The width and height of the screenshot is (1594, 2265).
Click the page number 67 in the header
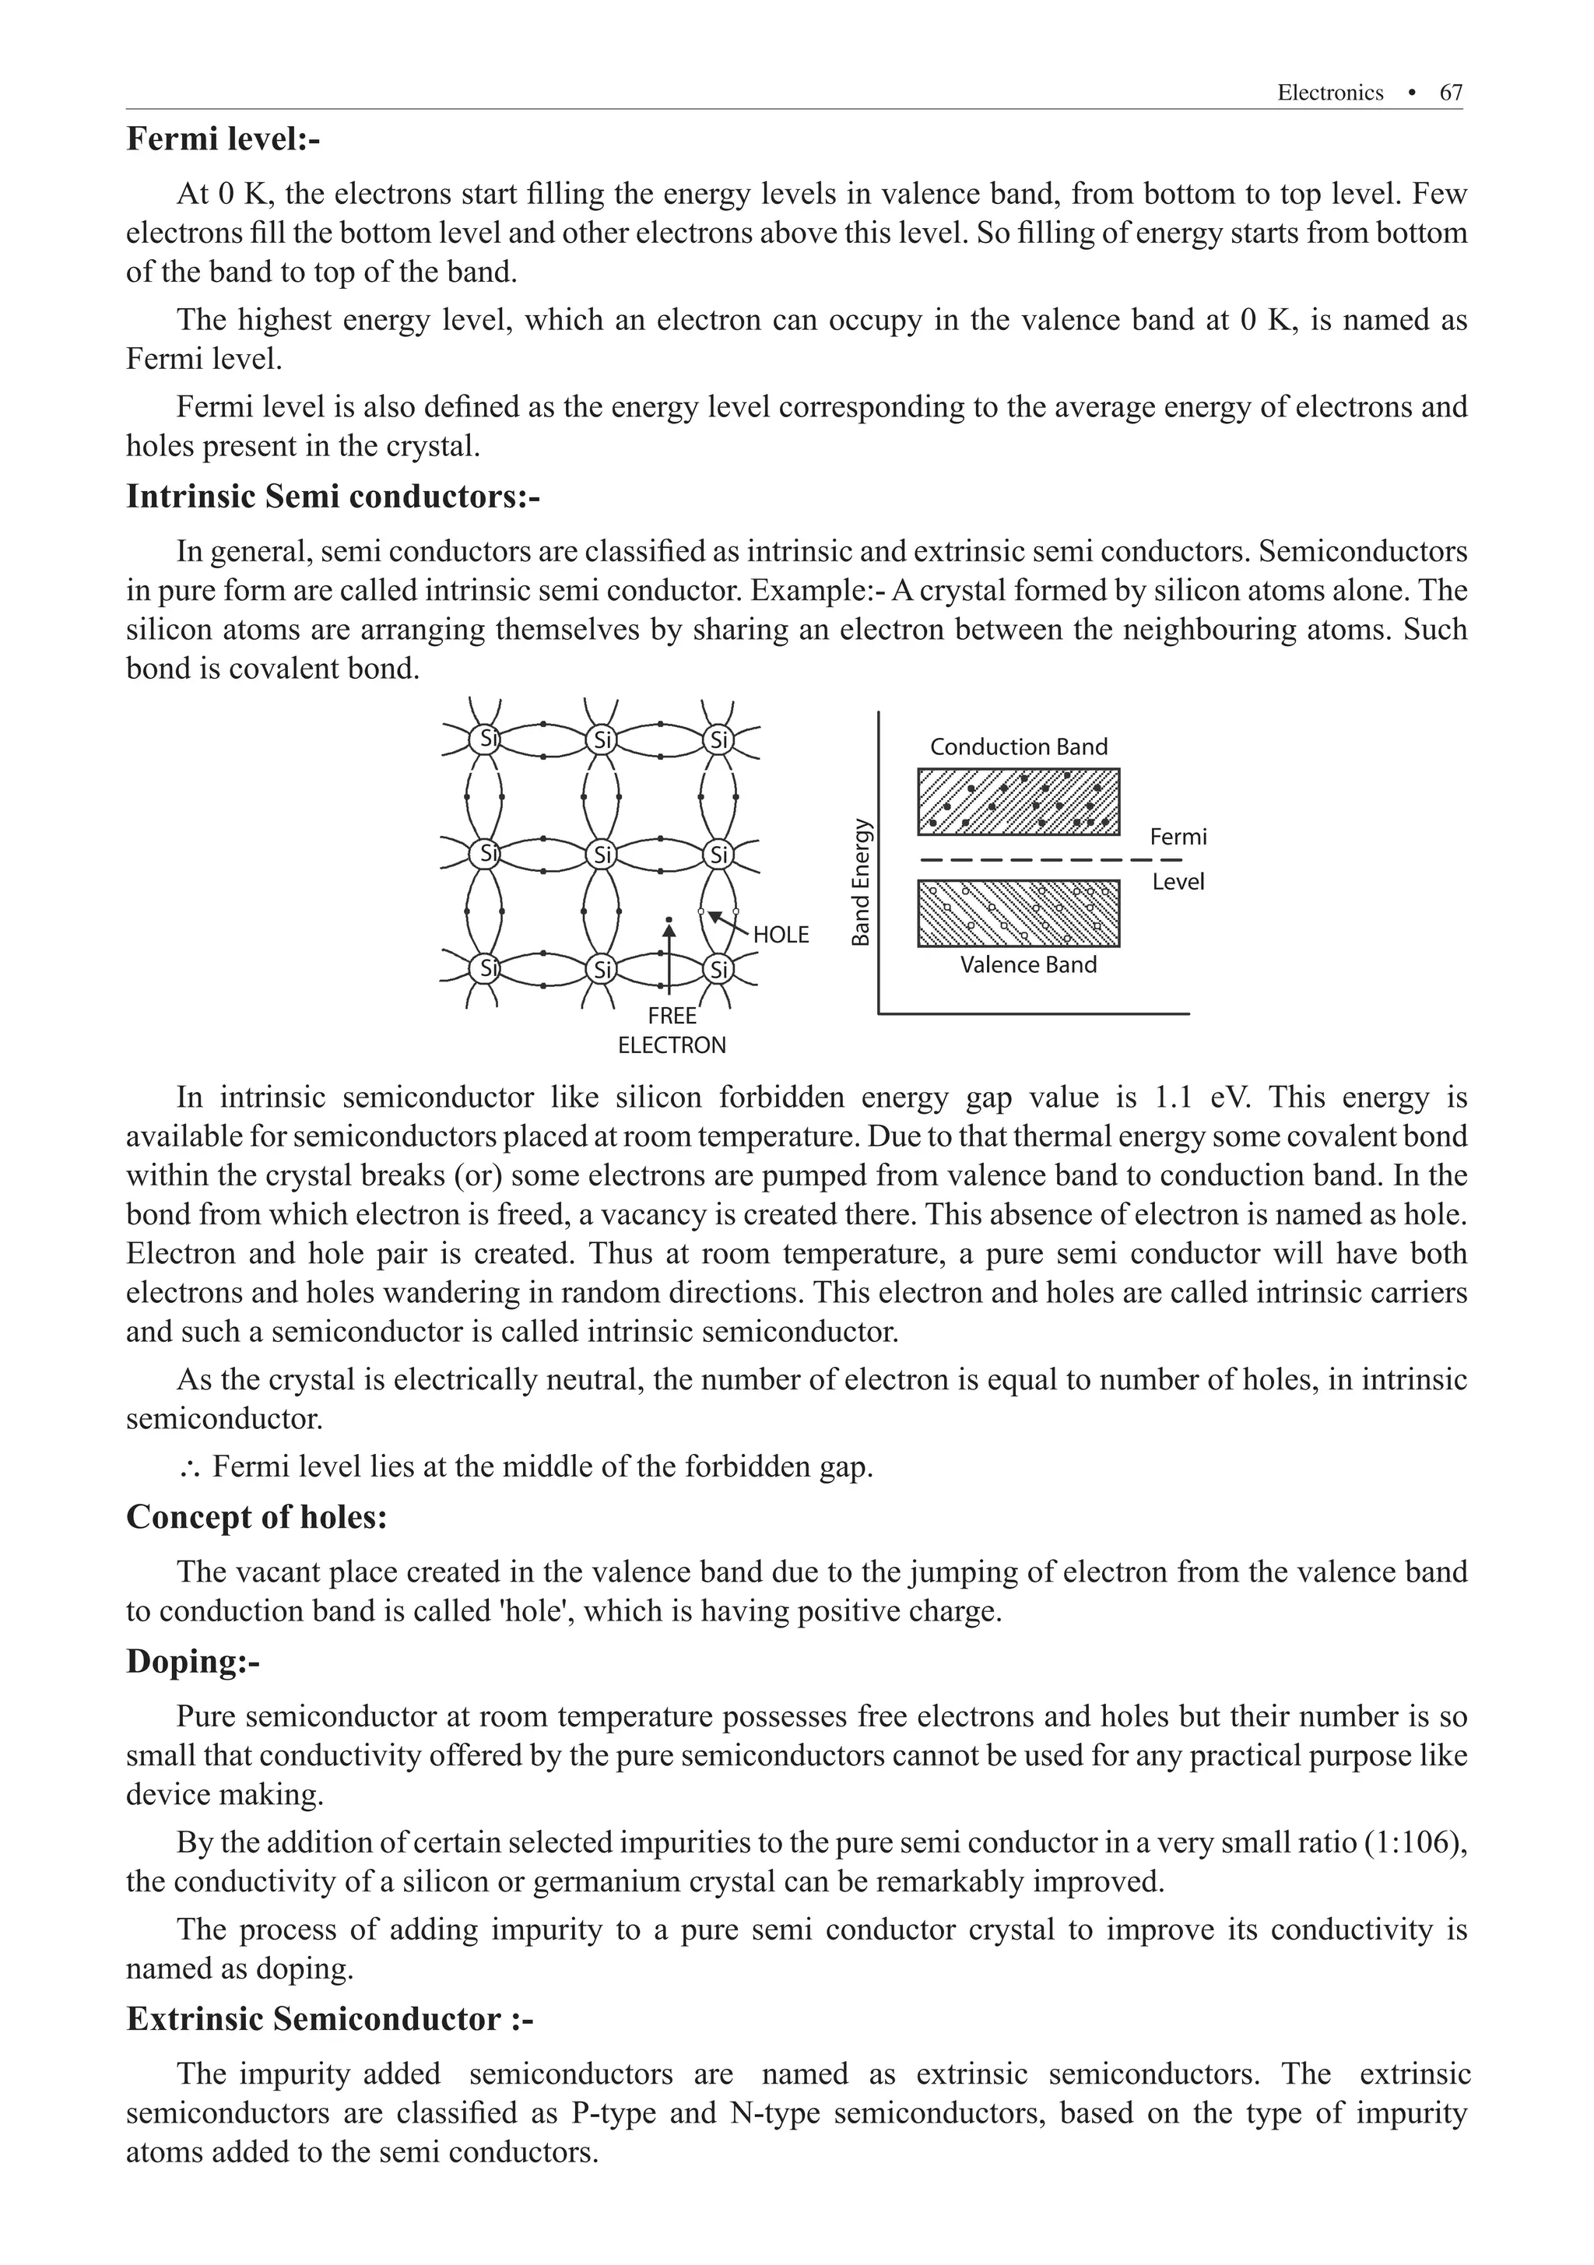[1450, 93]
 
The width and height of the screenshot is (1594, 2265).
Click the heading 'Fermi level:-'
[223, 139]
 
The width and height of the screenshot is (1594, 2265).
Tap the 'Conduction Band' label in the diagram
[1018, 746]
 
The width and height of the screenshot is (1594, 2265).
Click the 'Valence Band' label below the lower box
[1028, 965]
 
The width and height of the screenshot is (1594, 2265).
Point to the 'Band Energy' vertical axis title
[861, 882]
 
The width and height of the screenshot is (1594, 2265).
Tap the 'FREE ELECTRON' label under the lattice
[672, 1031]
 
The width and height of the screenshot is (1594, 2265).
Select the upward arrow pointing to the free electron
[669, 957]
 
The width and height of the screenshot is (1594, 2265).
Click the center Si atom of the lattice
[601, 853]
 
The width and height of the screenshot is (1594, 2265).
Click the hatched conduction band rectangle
[1018, 801]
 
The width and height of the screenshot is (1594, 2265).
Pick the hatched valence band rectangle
[1018, 912]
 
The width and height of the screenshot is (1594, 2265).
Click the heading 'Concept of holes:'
[257, 1516]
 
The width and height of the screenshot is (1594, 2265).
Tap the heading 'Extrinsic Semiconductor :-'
[329, 2018]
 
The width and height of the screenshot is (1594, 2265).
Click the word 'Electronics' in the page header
[1329, 93]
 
